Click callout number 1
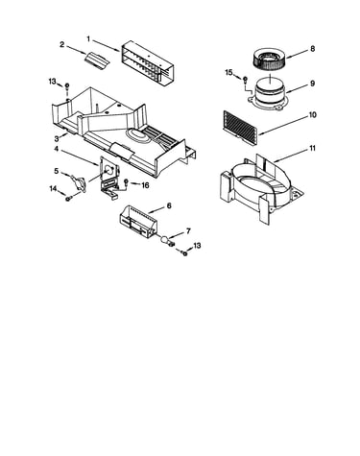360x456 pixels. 88,38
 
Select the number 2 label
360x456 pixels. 61,44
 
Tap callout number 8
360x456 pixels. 312,49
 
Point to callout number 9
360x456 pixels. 312,84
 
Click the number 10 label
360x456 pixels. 312,114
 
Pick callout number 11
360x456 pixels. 312,148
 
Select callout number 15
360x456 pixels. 228,73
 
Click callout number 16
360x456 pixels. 145,185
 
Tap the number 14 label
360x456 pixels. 53,189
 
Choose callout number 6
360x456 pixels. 169,205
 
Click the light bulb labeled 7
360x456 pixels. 167,241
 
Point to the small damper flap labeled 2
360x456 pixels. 96,60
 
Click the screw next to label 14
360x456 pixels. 68,199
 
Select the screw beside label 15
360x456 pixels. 245,79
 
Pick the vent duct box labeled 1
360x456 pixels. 147,64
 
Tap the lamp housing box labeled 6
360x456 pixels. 138,222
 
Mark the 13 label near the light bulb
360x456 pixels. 197,246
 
